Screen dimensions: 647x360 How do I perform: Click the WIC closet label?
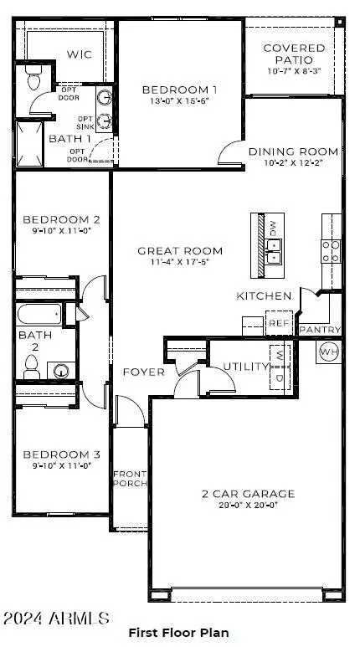point(79,54)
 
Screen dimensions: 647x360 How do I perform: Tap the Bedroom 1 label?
point(179,90)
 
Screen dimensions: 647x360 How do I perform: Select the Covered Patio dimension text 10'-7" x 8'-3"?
point(294,72)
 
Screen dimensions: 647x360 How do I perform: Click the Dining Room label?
point(294,151)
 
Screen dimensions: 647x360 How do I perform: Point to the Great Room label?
point(181,250)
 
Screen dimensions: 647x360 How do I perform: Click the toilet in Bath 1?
point(33,79)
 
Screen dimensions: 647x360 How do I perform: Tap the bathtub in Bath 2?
point(39,316)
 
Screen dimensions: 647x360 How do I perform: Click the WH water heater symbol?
point(327,352)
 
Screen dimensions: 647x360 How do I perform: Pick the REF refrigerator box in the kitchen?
point(277,323)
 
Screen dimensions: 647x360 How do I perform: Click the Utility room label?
point(245,367)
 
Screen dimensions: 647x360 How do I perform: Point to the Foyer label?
point(143,372)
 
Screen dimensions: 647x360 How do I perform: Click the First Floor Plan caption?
point(178,633)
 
